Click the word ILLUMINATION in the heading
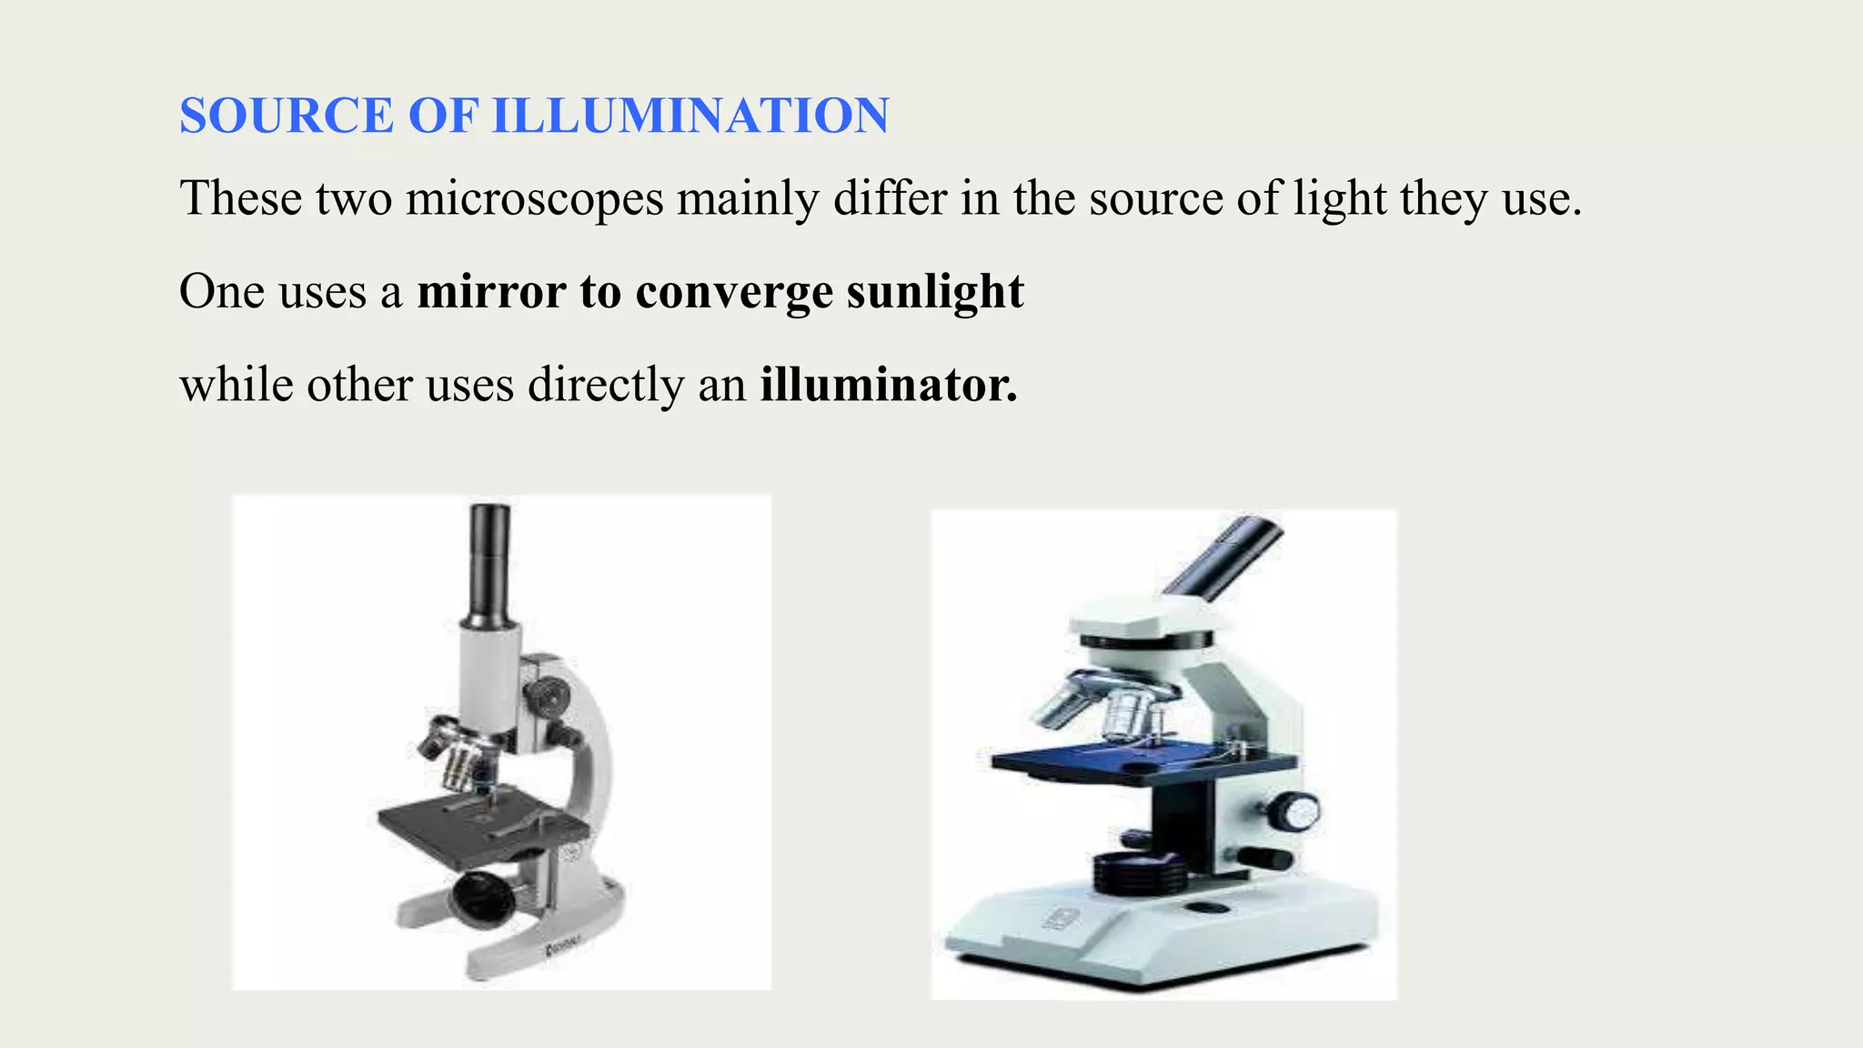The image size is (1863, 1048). coord(690,116)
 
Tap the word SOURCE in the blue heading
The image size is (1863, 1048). coord(287,116)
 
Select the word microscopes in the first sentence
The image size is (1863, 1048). coord(534,197)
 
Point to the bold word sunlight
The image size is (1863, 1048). coord(935,291)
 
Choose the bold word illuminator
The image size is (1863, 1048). coord(889,385)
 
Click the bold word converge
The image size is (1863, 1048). coord(734,293)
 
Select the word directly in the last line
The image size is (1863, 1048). coord(606,385)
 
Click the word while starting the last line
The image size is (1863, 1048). coord(237,385)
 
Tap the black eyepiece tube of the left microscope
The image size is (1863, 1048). coord(488,559)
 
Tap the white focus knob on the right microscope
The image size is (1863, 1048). coord(1294,810)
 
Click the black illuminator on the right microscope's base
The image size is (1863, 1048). coord(1140,873)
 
